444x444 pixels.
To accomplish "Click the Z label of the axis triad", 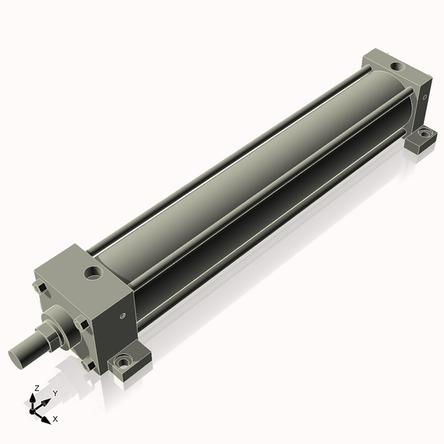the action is (36, 388).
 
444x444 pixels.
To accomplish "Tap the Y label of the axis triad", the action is (55, 393).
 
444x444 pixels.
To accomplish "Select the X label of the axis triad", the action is (55, 419).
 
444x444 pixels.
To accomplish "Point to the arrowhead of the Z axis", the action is (33, 398).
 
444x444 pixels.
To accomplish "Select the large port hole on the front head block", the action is (93, 272).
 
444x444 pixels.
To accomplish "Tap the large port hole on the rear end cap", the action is (397, 67).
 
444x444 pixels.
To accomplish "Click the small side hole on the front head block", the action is (123, 315).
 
